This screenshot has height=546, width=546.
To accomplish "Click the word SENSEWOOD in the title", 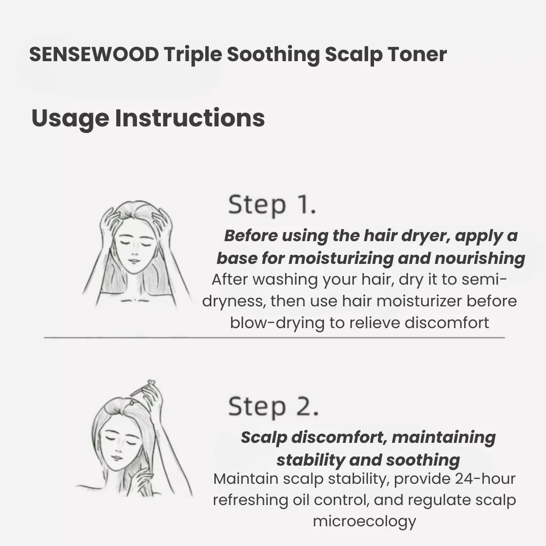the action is pos(94,54).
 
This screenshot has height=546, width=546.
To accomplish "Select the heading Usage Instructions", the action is pos(148,118).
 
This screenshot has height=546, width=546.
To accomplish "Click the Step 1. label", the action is pos(272,205).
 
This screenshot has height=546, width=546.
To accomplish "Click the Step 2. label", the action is pos(274,406).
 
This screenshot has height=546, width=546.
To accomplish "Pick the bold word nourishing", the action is pos(480,258).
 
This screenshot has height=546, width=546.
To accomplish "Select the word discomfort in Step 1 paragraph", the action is pos(447,323).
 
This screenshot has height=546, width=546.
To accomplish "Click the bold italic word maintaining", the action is pos(444,438).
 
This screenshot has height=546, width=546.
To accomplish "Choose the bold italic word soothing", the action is pos(423,460).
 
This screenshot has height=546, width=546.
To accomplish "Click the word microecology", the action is pos(365,522).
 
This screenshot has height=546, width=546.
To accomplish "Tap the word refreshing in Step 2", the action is pos(250,500).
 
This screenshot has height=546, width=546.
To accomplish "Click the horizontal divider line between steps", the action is pos(275,337).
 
